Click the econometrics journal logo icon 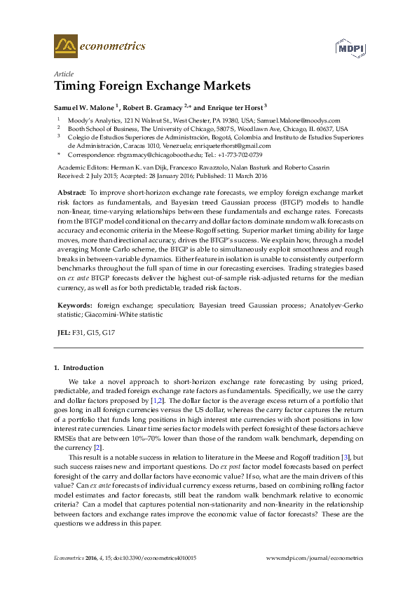pyautogui.click(x=64, y=46)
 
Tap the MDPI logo pyautogui.click(x=348, y=48)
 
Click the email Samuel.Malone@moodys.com pyautogui.click(x=306, y=121)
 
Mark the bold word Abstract pyautogui.click(x=71, y=191)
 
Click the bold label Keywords pyautogui.click(x=74, y=306)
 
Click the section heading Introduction pyautogui.click(x=83, y=367)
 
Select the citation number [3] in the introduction pyautogui.click(x=343, y=456)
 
